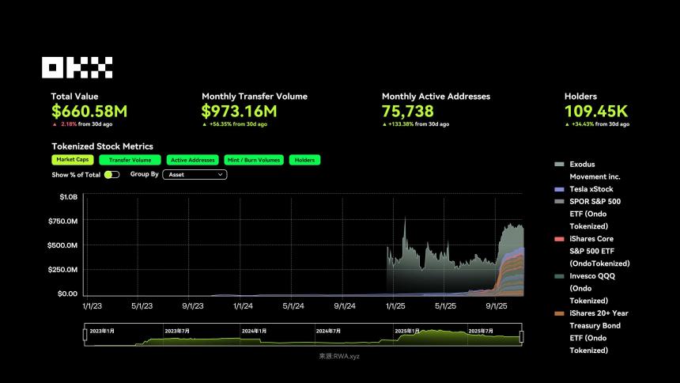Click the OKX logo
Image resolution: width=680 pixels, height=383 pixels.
coord(77,67)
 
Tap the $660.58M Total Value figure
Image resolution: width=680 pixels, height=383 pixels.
coord(89,112)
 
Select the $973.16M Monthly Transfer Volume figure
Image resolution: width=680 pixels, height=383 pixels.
coord(239,112)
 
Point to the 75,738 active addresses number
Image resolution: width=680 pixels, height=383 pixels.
coord(407,112)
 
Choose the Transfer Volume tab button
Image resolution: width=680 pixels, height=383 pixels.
coord(130,160)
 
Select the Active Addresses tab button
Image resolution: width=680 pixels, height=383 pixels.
coord(192,160)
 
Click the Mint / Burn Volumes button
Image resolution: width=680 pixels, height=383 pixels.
coord(254,160)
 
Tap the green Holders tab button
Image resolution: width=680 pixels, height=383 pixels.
coord(304,160)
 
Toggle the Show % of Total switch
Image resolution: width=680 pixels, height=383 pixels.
coord(111,174)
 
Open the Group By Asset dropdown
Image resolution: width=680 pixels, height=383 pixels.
coord(195,174)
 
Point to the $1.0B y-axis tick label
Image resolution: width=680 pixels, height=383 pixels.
coord(69,196)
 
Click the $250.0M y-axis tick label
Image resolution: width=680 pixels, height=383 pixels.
coord(62,270)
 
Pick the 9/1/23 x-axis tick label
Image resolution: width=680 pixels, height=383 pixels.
coord(192,305)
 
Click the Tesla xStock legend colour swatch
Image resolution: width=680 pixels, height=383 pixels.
coord(559,190)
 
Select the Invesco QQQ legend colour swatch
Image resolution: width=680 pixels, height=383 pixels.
coord(559,276)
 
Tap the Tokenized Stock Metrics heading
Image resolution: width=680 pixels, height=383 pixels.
coord(102,146)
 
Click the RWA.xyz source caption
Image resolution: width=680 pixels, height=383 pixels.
coord(339,356)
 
